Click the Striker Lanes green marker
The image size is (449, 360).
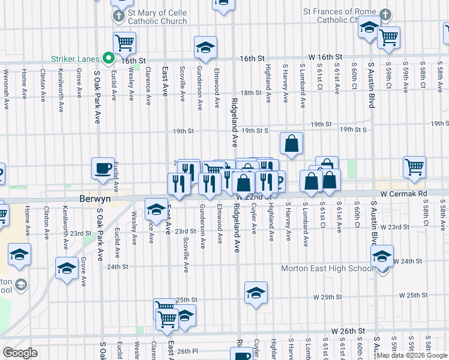(109, 58)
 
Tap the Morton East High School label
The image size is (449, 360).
(328, 268)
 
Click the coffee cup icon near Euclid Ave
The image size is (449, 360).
(103, 167)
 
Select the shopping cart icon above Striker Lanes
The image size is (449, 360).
(125, 43)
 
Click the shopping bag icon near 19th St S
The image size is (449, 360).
(291, 143)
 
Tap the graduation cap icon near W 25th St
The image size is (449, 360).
(256, 293)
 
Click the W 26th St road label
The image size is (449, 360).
(348, 331)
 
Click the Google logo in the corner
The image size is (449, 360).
(20, 353)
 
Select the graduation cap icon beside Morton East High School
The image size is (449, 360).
(382, 256)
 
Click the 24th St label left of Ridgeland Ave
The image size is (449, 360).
(118, 266)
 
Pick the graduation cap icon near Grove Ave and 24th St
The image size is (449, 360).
(67, 268)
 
